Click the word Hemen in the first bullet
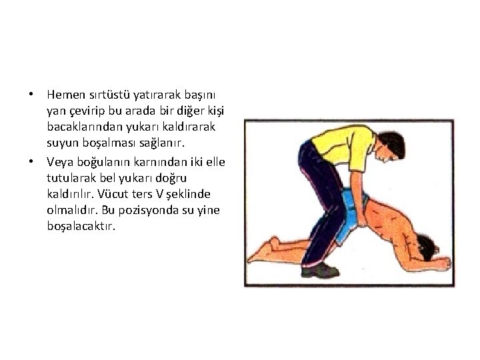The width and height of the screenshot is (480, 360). click(x=66, y=95)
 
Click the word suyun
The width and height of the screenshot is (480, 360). click(x=63, y=143)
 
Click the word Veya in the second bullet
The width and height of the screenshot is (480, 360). click(x=60, y=162)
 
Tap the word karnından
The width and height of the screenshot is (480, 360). click(x=161, y=162)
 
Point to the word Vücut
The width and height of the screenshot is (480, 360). click(x=113, y=194)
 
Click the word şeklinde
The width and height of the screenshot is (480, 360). click(x=188, y=195)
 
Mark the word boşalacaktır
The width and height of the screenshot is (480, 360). click(x=81, y=227)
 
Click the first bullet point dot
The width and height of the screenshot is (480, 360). click(x=31, y=94)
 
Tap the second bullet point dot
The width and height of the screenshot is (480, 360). click(x=31, y=161)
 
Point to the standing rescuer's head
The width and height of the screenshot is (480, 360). click(x=390, y=146)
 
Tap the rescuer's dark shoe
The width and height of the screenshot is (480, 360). click(x=320, y=270)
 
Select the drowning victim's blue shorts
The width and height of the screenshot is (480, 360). click(x=352, y=211)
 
